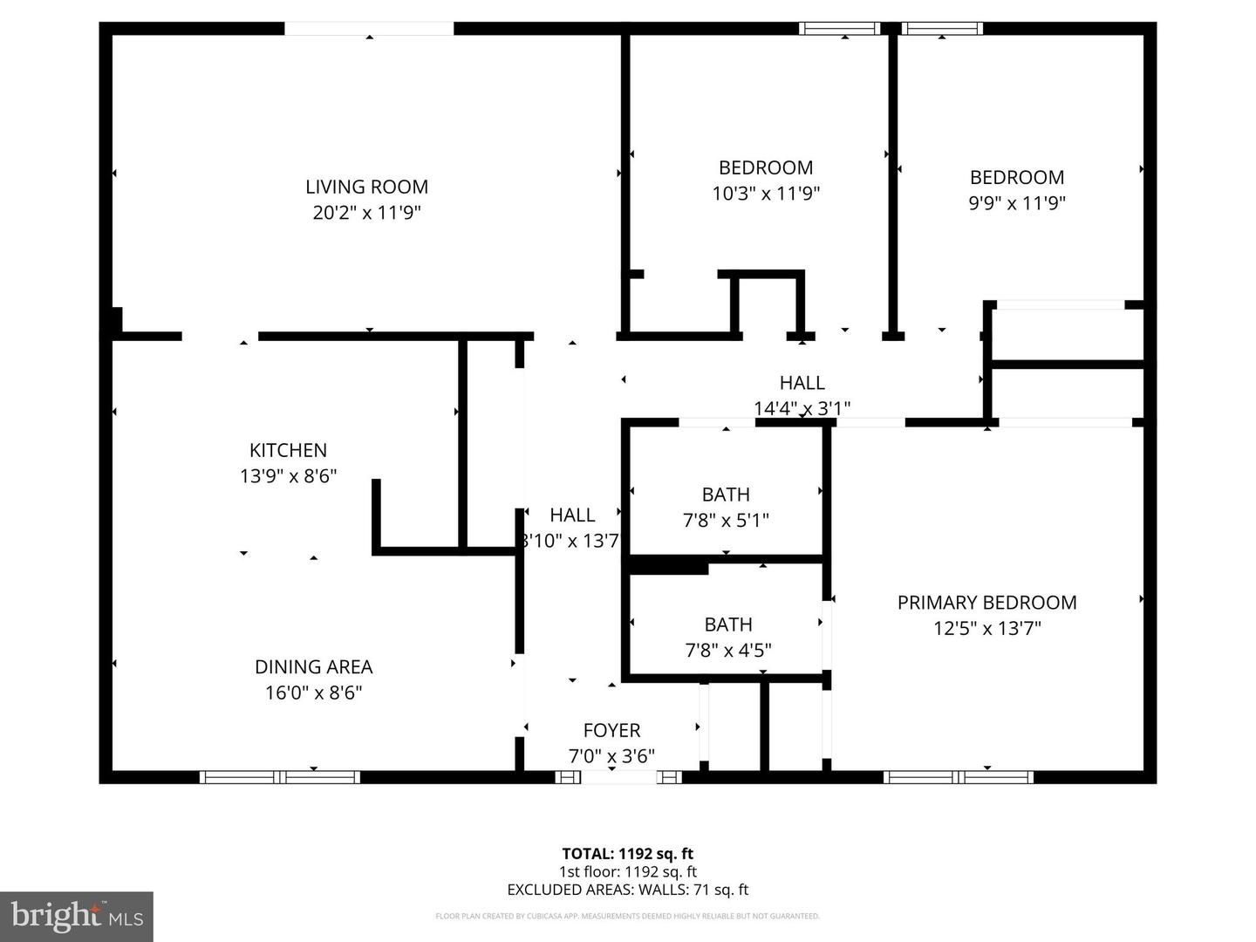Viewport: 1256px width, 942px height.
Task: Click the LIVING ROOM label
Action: [366, 187]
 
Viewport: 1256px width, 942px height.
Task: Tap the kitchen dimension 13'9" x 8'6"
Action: [288, 476]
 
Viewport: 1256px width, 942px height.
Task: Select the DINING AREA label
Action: [313, 666]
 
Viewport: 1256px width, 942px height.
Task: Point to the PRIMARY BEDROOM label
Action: [986, 602]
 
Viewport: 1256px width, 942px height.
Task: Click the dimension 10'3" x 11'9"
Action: [766, 194]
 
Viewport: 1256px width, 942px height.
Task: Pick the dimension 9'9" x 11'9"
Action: [1017, 203]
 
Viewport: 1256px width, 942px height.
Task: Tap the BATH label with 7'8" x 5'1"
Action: [726, 495]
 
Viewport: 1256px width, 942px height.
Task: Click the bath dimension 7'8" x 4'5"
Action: [727, 651]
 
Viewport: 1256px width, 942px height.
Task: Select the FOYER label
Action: [611, 730]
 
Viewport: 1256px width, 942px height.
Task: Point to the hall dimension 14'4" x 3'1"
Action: [802, 408]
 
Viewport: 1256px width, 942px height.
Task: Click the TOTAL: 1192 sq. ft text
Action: [627, 854]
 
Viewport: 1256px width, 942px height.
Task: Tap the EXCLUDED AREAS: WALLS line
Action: [627, 890]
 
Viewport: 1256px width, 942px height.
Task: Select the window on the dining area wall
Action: [279, 777]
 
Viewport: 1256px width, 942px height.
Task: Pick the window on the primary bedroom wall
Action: [959, 777]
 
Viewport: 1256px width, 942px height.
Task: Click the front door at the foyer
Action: [618, 777]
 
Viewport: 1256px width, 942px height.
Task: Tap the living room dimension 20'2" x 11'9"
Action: [366, 213]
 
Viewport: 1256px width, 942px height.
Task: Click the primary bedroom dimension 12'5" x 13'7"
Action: [986, 628]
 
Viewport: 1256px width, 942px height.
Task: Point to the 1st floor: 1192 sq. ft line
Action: [627, 871]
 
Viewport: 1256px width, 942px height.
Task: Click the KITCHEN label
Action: [288, 450]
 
